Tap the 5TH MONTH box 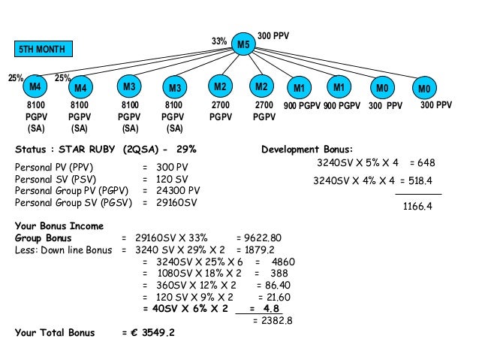(41, 50)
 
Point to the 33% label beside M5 (219, 41)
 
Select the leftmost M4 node (35, 88)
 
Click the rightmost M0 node (425, 89)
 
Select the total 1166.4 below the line (417, 205)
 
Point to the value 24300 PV (177, 190)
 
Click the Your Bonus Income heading (59, 225)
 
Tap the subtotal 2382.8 (272, 320)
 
